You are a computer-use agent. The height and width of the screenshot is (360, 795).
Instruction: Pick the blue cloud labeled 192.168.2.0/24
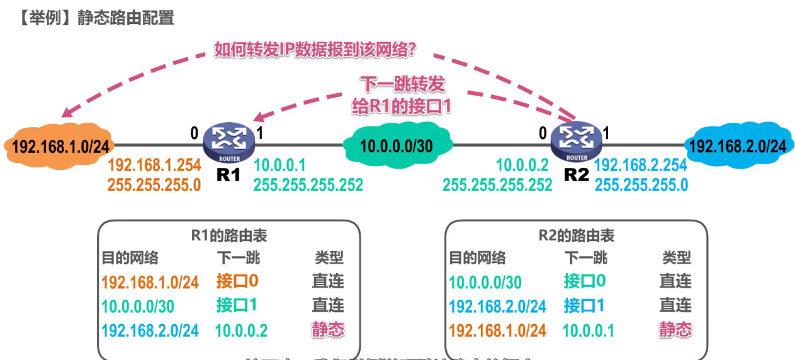pyautogui.click(x=738, y=146)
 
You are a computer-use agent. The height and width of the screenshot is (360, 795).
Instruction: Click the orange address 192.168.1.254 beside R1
pyautogui.click(x=154, y=166)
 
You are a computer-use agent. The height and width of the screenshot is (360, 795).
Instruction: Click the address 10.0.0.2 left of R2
pyautogui.click(x=524, y=166)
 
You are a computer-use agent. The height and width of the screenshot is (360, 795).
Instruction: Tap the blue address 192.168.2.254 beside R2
pyautogui.click(x=641, y=166)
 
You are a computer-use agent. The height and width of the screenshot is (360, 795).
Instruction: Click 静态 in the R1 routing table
pyautogui.click(x=328, y=329)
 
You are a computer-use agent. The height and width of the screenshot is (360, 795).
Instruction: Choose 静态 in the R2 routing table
pyautogui.click(x=675, y=329)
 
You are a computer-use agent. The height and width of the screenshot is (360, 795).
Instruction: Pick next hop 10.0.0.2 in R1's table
pyautogui.click(x=241, y=330)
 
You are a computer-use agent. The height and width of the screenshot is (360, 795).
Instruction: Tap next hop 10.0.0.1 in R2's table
pyautogui.click(x=589, y=330)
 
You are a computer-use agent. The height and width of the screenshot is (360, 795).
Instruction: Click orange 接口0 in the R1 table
pyautogui.click(x=237, y=281)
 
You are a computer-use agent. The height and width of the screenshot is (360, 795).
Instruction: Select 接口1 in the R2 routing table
pyautogui.click(x=585, y=305)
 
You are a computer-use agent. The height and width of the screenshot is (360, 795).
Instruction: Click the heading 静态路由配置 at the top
pyautogui.click(x=126, y=18)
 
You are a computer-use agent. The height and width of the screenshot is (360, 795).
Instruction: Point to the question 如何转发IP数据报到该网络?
pyautogui.click(x=315, y=49)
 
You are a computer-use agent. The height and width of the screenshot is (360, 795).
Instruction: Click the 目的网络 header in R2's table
pyautogui.click(x=477, y=257)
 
